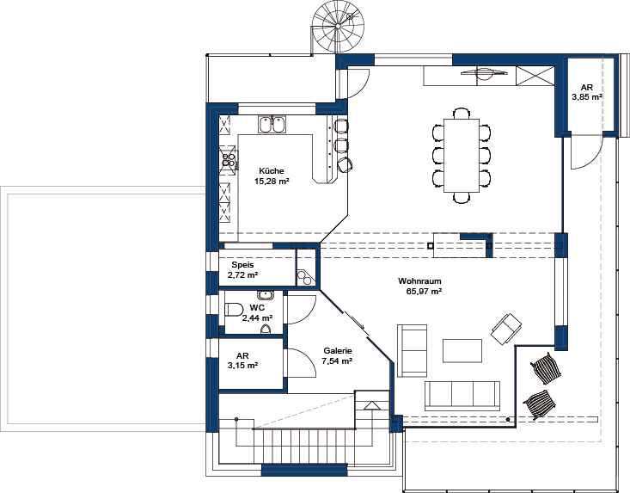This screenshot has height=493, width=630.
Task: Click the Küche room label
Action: [x=272, y=171]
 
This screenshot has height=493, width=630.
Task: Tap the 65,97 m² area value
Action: [x=425, y=292]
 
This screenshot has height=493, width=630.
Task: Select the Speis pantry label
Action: [x=242, y=265]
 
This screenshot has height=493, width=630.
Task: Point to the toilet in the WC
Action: [x=234, y=310]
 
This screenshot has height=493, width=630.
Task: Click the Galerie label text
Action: [x=338, y=351]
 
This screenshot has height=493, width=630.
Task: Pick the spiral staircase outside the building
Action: [x=339, y=28]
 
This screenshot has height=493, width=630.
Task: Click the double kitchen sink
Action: [x=272, y=124]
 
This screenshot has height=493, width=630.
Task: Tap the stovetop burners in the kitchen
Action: [x=229, y=160]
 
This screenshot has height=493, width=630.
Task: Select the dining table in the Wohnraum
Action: [x=462, y=155]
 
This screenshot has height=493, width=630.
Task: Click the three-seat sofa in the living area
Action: [x=462, y=396]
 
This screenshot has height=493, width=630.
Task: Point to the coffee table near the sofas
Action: [x=462, y=351]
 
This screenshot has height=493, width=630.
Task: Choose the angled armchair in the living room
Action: [x=506, y=329]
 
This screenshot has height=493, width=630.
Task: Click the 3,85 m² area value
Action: [x=587, y=97]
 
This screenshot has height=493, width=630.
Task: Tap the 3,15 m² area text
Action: [x=242, y=366]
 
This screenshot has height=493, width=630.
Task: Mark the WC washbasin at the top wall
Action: [x=266, y=295]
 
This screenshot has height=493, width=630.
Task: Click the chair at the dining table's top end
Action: [x=462, y=113]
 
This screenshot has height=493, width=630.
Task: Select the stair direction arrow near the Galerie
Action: [x=372, y=406]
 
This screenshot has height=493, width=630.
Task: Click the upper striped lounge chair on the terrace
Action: [x=545, y=367]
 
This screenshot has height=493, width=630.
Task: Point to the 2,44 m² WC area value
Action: [x=257, y=318]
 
